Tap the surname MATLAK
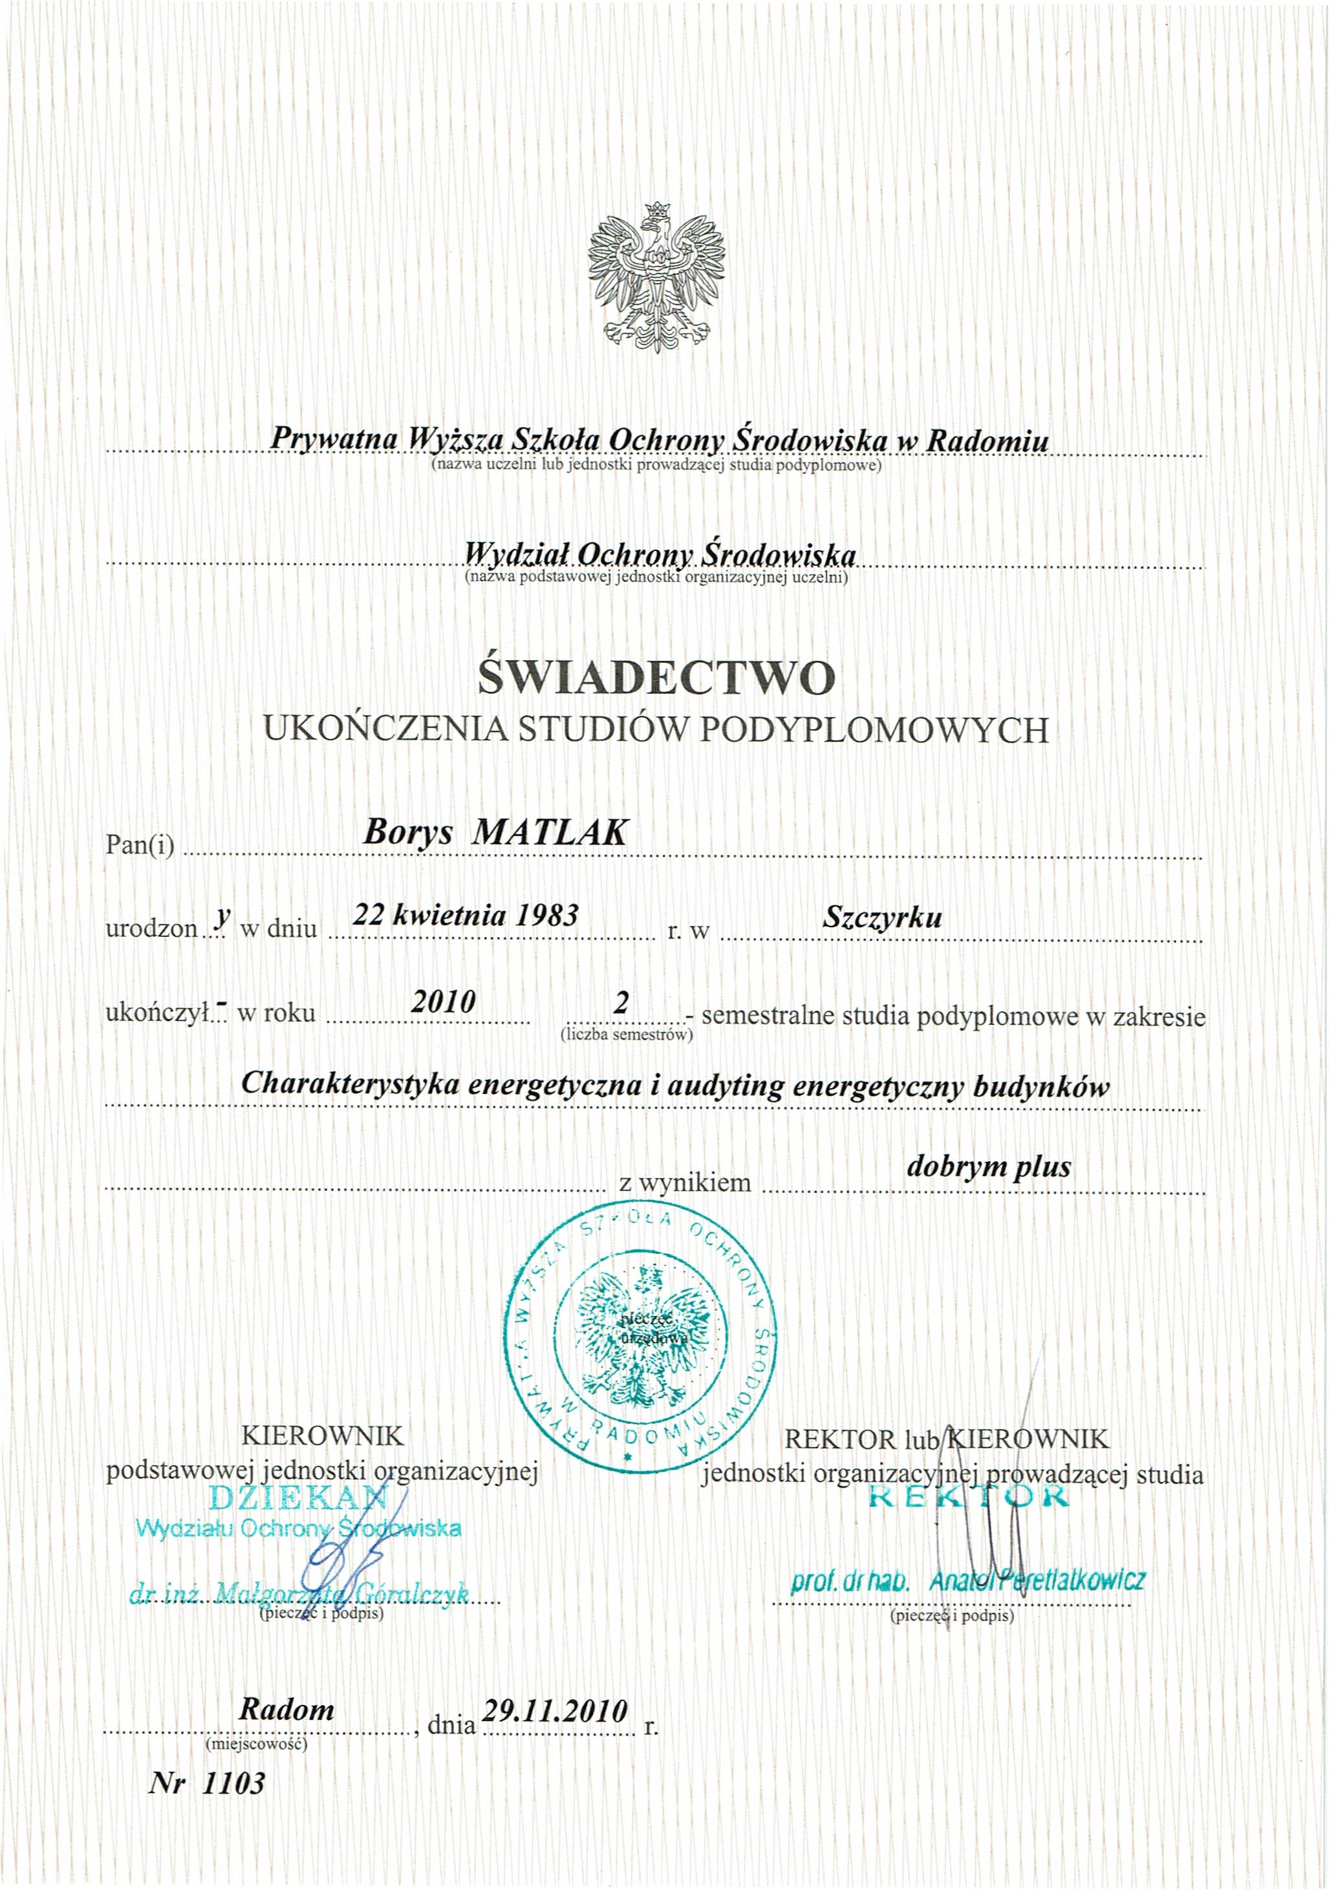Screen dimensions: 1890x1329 coord(549,833)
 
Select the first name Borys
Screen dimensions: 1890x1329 coord(409,833)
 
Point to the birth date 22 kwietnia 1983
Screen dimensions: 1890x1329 coord(465,914)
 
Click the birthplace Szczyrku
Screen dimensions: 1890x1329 coord(882,917)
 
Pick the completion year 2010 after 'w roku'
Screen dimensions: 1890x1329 coord(444,1002)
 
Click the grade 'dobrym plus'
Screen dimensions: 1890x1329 coord(988,1166)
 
